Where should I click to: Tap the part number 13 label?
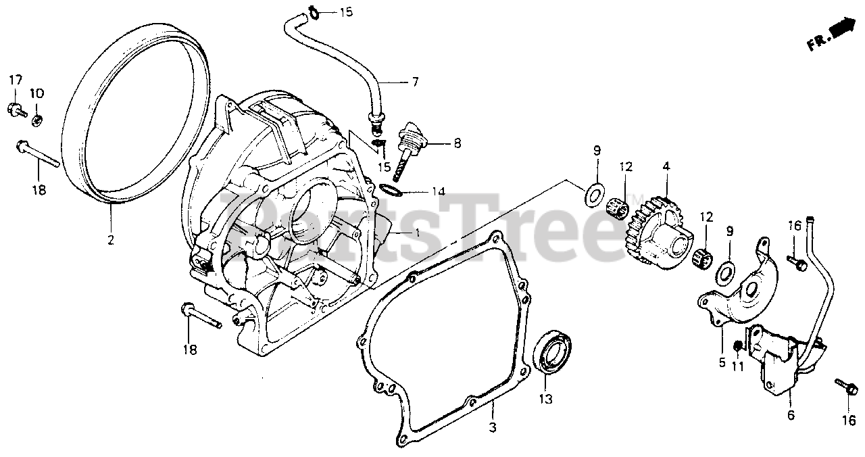(x=545, y=399)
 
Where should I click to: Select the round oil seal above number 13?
(x=553, y=352)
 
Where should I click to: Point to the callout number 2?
(x=111, y=239)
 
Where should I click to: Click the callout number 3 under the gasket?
(x=493, y=427)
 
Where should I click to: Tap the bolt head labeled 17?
(x=15, y=107)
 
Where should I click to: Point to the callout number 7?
(x=414, y=82)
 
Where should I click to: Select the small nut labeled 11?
(x=739, y=347)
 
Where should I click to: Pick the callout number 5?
(x=722, y=363)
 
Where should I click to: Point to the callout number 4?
(x=666, y=165)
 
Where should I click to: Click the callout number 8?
(x=458, y=143)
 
